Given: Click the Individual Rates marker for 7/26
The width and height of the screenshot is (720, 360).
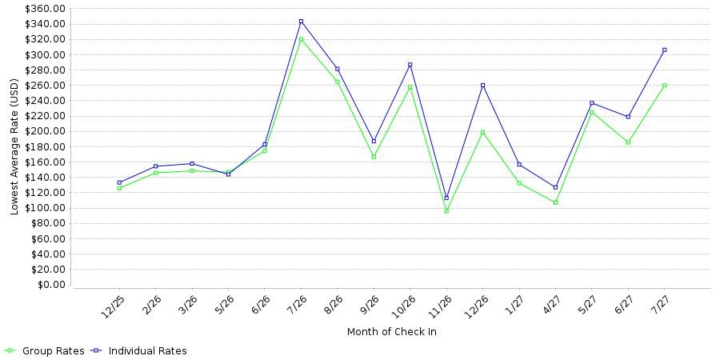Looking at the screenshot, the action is click(x=302, y=21).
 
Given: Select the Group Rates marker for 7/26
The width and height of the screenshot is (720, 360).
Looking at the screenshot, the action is click(x=302, y=39).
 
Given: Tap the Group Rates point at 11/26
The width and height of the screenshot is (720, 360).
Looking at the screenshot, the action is click(x=446, y=211).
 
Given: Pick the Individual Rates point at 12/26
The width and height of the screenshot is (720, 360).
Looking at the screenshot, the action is click(x=482, y=86).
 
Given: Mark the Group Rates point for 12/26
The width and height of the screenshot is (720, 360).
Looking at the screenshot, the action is click(x=482, y=132).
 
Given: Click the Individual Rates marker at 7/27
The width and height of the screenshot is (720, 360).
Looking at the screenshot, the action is click(x=665, y=50).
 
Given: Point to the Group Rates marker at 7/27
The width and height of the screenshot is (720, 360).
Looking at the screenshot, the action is click(x=665, y=86).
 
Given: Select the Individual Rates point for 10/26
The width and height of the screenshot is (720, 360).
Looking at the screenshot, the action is click(x=410, y=65).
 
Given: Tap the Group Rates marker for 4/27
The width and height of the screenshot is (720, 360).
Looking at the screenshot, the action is click(x=556, y=202).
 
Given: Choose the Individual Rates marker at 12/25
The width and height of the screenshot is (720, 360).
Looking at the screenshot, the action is click(x=119, y=182).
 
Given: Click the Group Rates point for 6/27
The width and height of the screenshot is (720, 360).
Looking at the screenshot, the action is click(x=628, y=142).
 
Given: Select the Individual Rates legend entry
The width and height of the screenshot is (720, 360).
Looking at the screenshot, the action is click(x=142, y=351).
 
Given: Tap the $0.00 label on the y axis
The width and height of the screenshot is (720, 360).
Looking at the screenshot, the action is click(x=51, y=285).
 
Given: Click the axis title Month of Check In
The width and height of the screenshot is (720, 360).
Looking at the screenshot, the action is click(x=392, y=331).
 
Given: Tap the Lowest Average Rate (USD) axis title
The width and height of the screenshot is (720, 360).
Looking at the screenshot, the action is click(x=14, y=147).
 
